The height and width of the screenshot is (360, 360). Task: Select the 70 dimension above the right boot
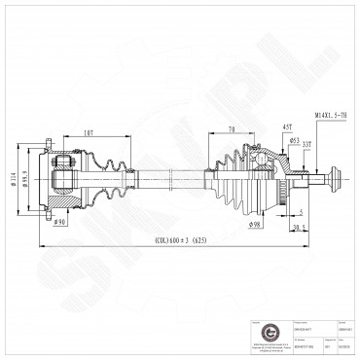[x=231, y=129]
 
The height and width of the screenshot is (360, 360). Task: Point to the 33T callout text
[x=306, y=146]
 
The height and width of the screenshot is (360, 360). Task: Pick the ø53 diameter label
[x=293, y=140]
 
